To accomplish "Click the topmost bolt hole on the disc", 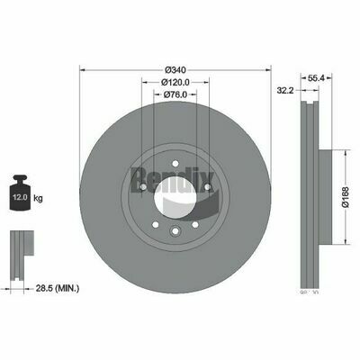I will point(176,163).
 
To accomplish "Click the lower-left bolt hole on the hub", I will point(156,228).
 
